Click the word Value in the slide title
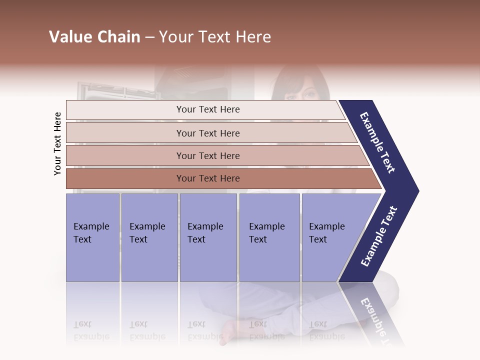[x=68, y=37]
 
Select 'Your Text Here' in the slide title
[x=215, y=37]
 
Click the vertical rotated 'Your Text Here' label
[x=57, y=144]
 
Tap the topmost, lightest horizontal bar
[x=208, y=109]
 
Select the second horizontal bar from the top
[x=208, y=133]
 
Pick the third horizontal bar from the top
[x=208, y=155]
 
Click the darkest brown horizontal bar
[x=208, y=178]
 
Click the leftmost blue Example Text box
[x=92, y=237]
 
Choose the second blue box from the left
[x=149, y=237]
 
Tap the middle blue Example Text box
[x=208, y=237]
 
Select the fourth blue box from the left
[x=269, y=237]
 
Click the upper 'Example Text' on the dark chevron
[x=377, y=142]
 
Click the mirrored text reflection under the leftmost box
[x=91, y=330]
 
